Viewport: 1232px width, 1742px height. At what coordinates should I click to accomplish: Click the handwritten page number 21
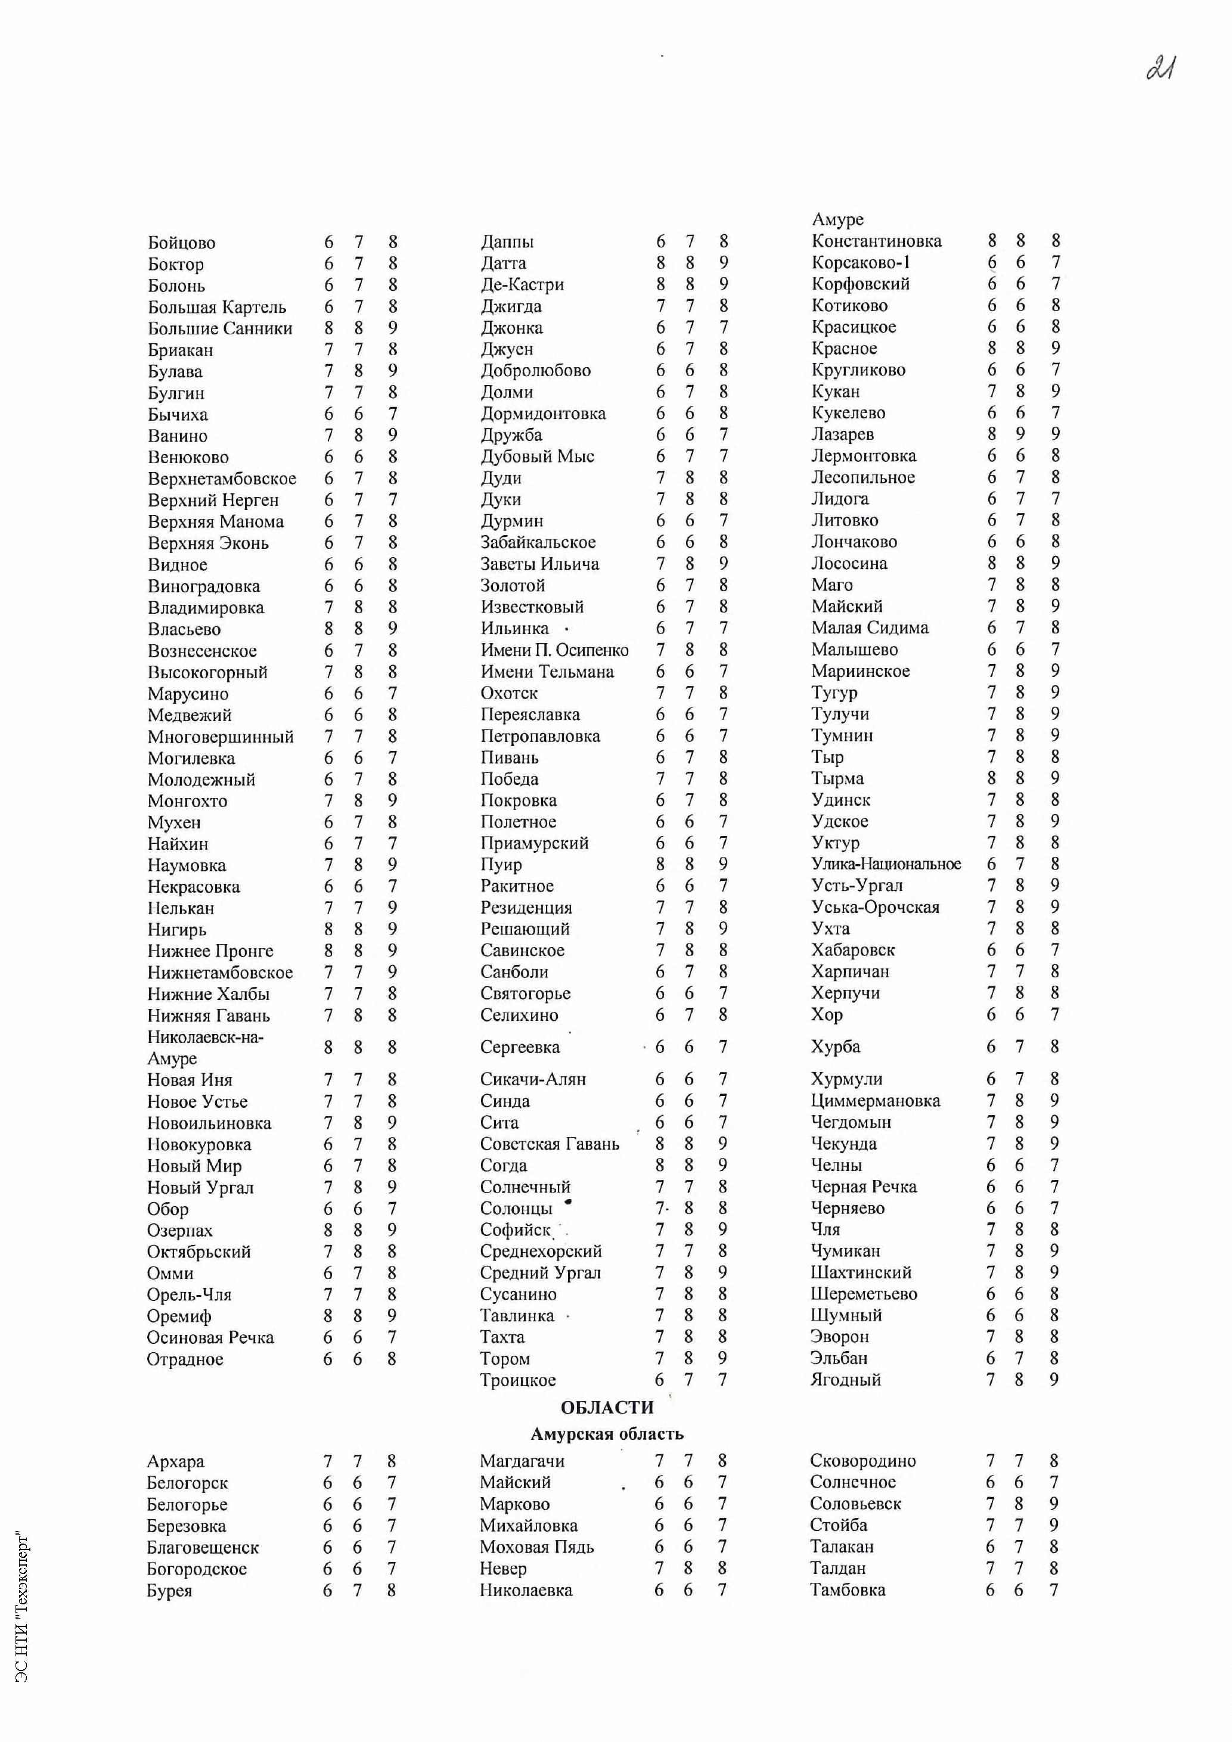coord(1162,69)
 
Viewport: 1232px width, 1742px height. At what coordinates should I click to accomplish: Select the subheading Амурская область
coord(606,1434)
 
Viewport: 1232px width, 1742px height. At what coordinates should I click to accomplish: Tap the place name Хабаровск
coord(853,950)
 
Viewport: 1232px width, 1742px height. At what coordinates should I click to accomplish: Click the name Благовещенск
coord(203,1547)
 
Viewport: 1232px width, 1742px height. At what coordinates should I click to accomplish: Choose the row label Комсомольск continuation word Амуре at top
coord(837,219)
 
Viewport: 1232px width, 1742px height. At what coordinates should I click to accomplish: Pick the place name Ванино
coord(178,436)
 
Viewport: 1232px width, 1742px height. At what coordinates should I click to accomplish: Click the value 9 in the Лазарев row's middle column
coord(1020,434)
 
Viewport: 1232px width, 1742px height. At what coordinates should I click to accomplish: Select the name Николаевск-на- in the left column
coord(205,1037)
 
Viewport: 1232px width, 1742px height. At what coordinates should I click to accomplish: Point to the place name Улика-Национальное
coord(885,864)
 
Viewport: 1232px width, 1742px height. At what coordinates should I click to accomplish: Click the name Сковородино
coord(862,1461)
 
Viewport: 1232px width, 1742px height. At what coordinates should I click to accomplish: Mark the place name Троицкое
coord(517,1380)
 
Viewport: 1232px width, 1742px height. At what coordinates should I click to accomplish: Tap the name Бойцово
coord(181,243)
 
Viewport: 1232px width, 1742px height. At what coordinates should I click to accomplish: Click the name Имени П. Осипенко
coord(554,650)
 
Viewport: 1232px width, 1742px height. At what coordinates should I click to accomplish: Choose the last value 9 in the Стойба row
coord(1054,1525)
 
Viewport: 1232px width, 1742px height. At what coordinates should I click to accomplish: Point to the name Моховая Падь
coord(536,1547)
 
